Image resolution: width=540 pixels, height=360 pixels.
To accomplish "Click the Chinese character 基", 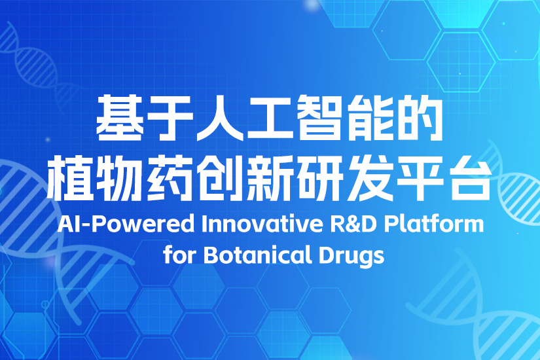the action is [x=120, y=118].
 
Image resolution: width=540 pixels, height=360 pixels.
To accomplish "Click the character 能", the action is [x=370, y=118].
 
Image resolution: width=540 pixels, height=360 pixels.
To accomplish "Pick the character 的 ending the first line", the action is [x=420, y=118].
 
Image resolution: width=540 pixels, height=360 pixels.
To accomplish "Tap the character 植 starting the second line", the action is [x=70, y=178].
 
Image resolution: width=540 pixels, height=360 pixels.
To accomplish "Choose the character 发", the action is [x=371, y=178].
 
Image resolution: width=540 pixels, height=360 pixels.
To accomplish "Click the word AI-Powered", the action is [x=126, y=224].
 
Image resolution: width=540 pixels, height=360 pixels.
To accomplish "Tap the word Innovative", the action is [x=262, y=224].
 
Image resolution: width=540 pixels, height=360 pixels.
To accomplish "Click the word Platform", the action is [x=434, y=224].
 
